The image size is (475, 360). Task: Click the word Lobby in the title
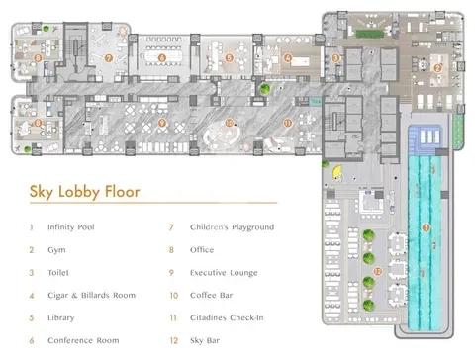(x=79, y=192)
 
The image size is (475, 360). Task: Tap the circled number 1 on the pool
(x=426, y=227)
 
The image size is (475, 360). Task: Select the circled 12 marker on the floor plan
(x=378, y=271)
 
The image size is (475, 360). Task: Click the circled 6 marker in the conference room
(x=162, y=58)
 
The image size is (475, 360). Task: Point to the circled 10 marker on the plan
(x=229, y=123)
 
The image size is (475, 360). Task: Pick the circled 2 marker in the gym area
(x=437, y=68)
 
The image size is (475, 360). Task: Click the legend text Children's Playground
(x=232, y=227)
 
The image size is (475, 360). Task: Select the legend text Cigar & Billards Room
(x=91, y=295)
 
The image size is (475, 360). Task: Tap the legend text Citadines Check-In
(x=227, y=317)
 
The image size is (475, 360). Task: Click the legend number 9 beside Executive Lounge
(x=171, y=273)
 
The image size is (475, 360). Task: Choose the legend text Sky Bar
(x=205, y=340)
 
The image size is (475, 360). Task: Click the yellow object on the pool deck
(x=336, y=171)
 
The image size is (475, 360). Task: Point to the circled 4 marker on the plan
(x=288, y=58)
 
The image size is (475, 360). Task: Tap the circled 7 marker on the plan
(x=109, y=58)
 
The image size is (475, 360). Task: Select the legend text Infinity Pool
(x=71, y=227)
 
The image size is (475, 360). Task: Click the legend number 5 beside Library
(x=32, y=317)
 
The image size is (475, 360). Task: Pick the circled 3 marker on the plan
(x=335, y=58)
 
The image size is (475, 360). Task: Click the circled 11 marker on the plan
(x=288, y=123)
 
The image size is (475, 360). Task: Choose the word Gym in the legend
(x=56, y=250)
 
